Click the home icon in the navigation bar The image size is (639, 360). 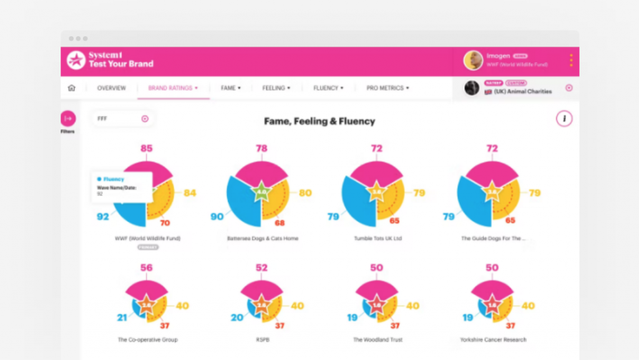click(71, 88)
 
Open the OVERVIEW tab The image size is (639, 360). click(111, 88)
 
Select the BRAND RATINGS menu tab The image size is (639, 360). click(173, 88)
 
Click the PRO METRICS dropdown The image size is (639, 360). click(388, 88)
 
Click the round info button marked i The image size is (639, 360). click(564, 119)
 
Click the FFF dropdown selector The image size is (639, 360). click(123, 119)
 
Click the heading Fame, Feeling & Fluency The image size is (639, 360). click(319, 121)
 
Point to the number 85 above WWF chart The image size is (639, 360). click(147, 148)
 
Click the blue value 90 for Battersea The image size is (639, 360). click(217, 216)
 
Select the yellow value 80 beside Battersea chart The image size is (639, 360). click(305, 193)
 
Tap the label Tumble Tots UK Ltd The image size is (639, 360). click(378, 238)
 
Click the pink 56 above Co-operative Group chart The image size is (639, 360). click(147, 268)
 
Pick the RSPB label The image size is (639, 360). click(262, 340)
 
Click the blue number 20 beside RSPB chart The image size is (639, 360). click(237, 318)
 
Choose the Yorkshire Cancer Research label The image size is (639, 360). click(493, 340)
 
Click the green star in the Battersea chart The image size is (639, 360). click(262, 192)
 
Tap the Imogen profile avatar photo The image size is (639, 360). click(473, 61)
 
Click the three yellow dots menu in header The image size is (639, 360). click(571, 61)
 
